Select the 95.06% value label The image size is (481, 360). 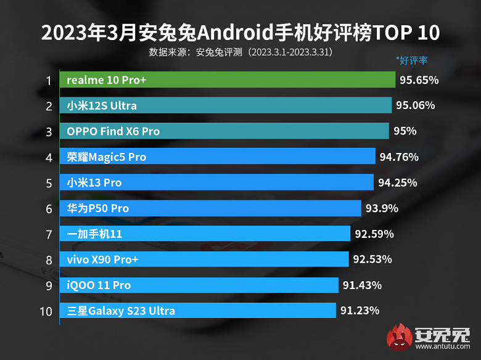point(415,105)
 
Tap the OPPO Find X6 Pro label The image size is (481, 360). point(113,131)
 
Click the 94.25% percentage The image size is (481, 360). point(397,182)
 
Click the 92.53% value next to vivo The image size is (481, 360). point(372,259)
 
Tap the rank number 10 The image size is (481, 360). point(46,311)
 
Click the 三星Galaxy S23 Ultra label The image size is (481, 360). point(121,311)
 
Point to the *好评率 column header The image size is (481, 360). point(411,60)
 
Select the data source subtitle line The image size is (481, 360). point(240,52)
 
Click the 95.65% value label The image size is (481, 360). point(419,80)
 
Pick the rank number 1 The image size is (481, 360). point(47,80)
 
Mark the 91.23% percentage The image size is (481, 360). point(359,311)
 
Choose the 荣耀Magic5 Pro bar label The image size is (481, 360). point(107,157)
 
